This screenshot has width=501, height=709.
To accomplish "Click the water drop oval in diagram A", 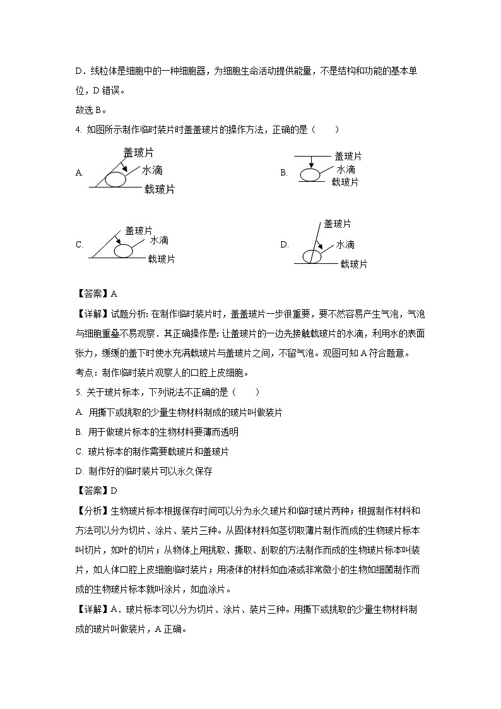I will [x=115, y=179].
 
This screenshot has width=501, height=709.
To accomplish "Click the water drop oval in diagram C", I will [x=124, y=251].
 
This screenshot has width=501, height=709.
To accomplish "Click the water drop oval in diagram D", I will [x=312, y=256].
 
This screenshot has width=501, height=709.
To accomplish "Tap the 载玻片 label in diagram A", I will [x=159, y=189].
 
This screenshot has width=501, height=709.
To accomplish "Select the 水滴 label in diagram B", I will [x=345, y=170].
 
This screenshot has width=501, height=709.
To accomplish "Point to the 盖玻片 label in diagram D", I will [x=338, y=223].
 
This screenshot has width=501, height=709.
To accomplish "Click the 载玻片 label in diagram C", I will [x=162, y=259].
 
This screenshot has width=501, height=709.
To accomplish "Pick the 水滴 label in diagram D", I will [x=345, y=244].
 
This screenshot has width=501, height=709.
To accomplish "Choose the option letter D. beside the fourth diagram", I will [x=285, y=244].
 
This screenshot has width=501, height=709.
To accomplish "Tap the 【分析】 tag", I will [x=92, y=510].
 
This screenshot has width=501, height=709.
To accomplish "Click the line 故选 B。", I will [x=88, y=110].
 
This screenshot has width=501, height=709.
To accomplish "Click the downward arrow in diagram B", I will [x=310, y=162].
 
